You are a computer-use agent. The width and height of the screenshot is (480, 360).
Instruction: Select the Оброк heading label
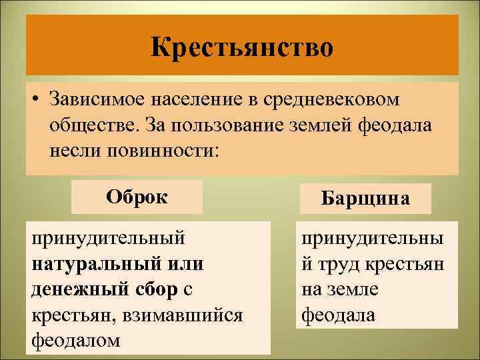pos(137,197)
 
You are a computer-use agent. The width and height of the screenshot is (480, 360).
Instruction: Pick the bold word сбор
pos(154,289)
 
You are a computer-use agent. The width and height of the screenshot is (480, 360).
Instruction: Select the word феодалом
pos(76,340)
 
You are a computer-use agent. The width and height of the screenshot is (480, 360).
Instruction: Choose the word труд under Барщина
pos(340,264)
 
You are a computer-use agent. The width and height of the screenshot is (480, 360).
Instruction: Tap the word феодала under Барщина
pos(339,315)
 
